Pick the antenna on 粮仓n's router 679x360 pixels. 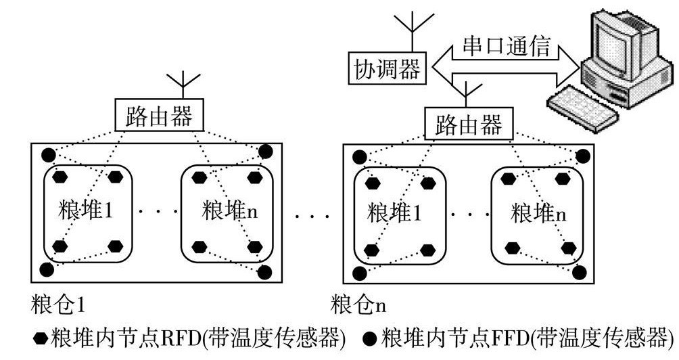click(x=465, y=91)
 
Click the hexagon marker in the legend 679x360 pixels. click(x=42, y=337)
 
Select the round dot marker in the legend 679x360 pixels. click(x=370, y=337)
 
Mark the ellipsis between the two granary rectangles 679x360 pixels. click(x=312, y=217)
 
